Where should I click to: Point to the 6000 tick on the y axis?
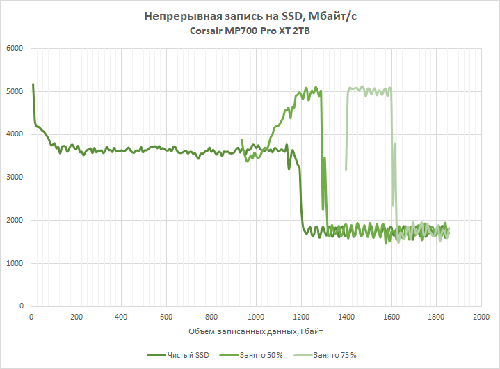tap(14, 49)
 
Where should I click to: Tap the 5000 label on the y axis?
tap(14, 92)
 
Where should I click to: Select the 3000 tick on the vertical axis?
tap(14, 178)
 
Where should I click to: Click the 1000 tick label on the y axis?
tap(14, 264)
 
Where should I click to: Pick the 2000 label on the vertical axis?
tap(14, 221)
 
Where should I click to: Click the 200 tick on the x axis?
tap(76, 315)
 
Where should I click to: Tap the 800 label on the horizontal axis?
tap(211, 315)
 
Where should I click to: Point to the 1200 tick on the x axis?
tap(301, 315)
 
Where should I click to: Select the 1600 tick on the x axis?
tap(391, 315)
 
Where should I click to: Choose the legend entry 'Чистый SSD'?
tap(184, 355)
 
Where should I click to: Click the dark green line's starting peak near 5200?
tap(33, 84)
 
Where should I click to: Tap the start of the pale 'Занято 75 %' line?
tap(346, 168)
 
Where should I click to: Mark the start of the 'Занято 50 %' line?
tap(242, 140)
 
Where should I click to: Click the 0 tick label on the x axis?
tap(32, 315)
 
